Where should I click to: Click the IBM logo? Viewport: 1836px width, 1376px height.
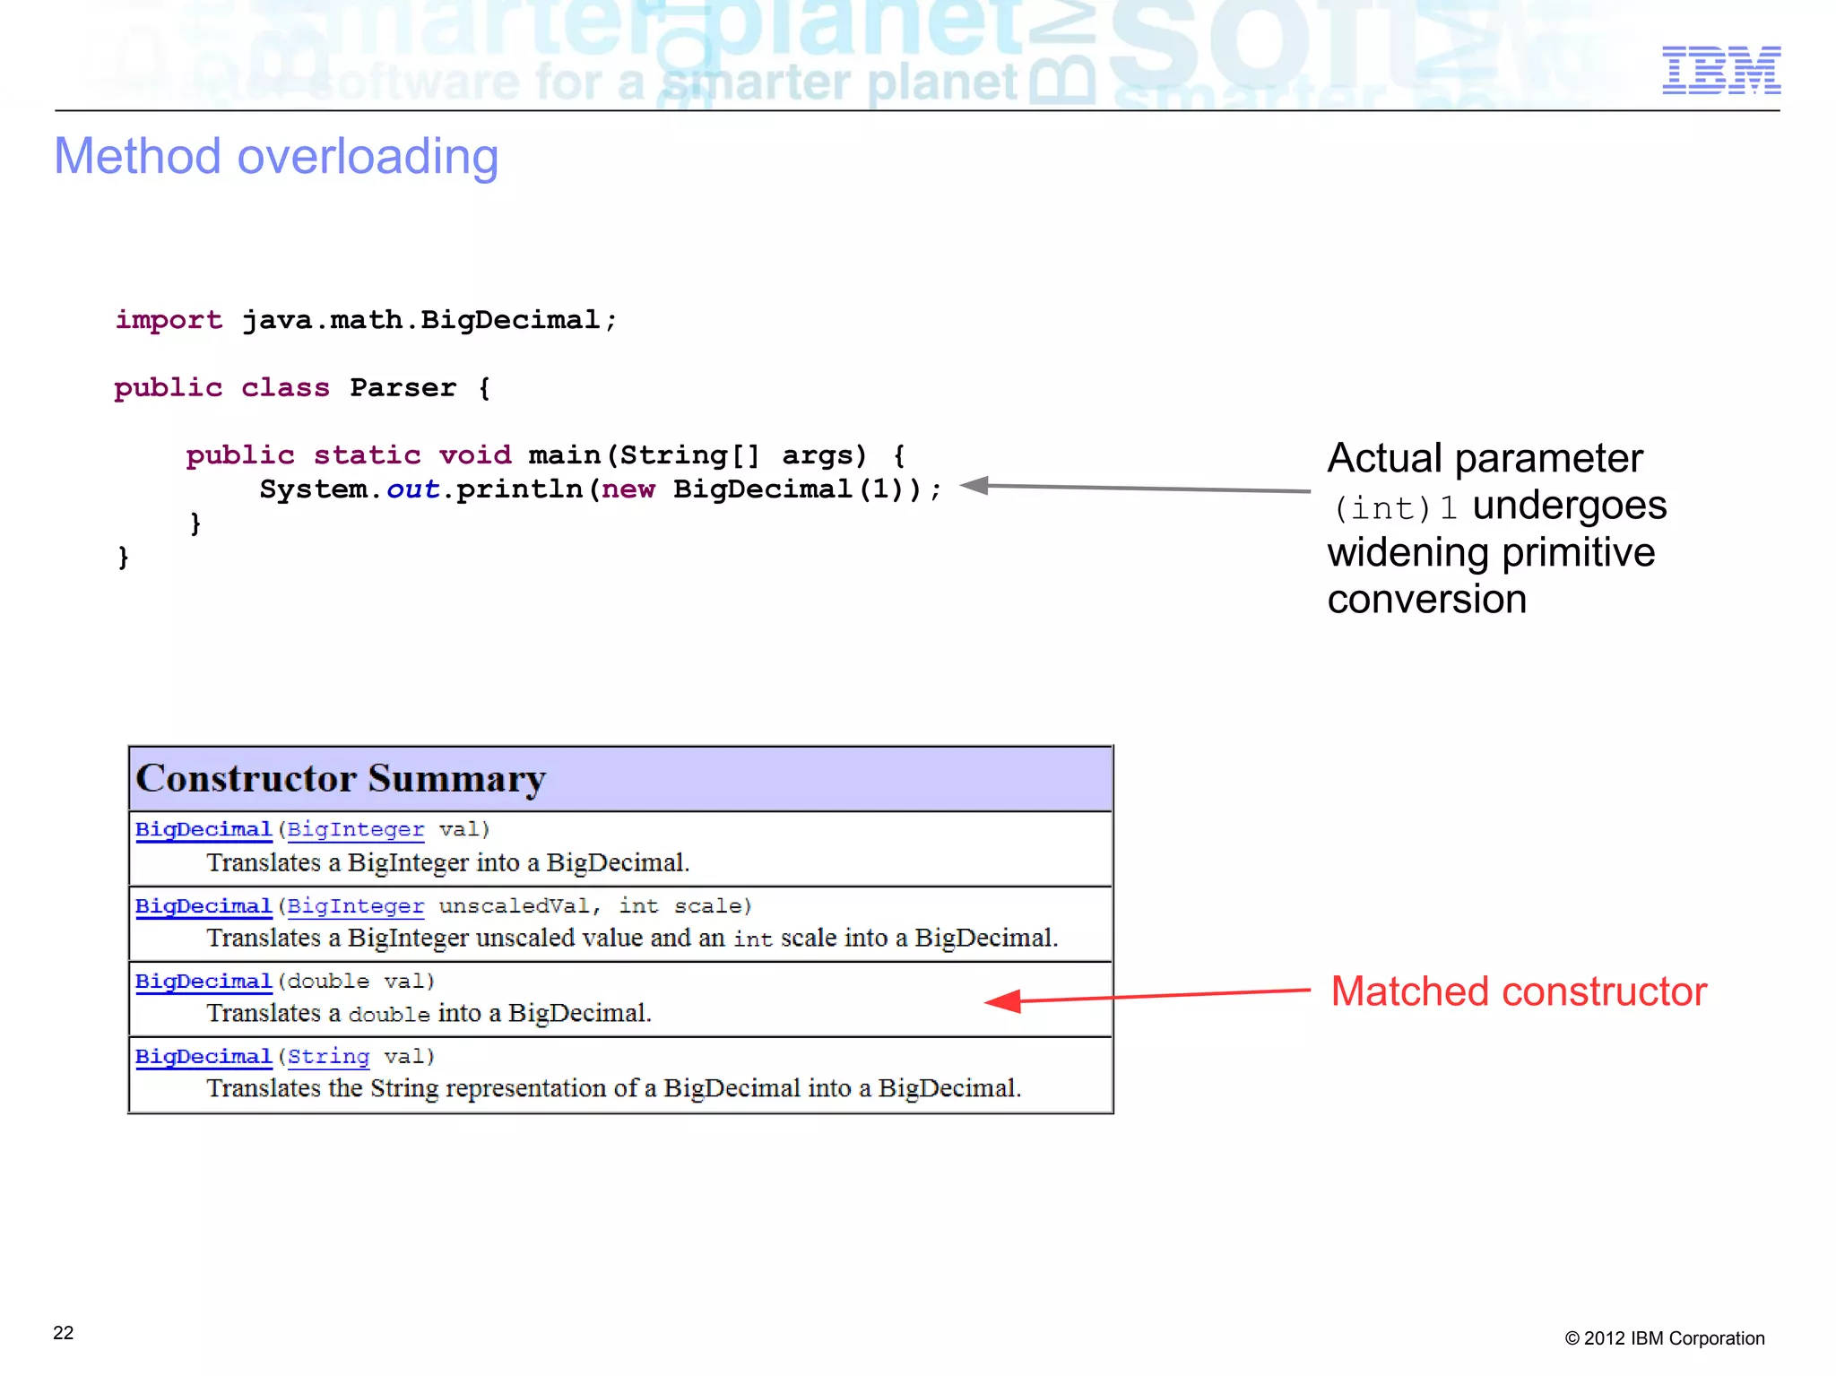[1720, 70]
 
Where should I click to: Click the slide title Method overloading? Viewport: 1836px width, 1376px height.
[276, 157]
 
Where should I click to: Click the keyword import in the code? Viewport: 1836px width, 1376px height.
[169, 320]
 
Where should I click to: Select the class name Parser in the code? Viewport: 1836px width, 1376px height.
[403, 388]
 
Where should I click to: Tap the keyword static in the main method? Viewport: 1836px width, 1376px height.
[367, 455]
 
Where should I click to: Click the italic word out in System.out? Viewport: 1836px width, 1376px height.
[412, 489]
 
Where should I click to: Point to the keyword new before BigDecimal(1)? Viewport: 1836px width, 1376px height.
[628, 489]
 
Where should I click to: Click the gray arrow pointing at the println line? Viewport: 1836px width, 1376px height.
[1134, 488]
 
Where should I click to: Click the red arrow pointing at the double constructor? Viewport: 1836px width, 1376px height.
[1147, 996]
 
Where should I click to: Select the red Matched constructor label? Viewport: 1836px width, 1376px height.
[1518, 991]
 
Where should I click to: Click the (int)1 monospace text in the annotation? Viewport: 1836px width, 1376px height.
[1394, 508]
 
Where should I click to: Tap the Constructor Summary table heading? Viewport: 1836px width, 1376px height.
[341, 778]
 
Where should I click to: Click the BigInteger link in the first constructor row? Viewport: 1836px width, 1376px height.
[355, 829]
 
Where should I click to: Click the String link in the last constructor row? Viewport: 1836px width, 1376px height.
[328, 1057]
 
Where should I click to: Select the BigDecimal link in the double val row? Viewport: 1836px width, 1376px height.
[204, 982]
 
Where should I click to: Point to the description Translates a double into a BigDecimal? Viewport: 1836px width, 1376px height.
[429, 1013]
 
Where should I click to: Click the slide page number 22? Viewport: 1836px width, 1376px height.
[64, 1332]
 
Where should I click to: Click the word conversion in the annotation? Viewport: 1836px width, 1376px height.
[1426, 599]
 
